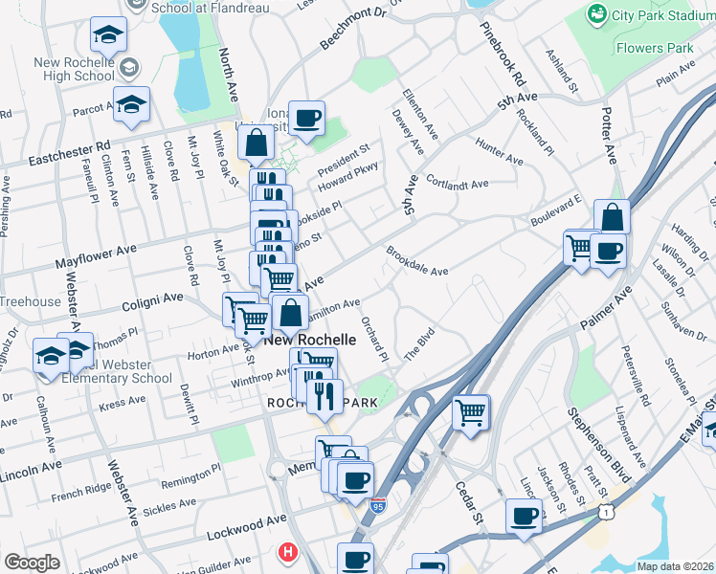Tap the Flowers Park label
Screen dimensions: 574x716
tap(654, 47)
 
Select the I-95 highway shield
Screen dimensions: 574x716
tap(379, 507)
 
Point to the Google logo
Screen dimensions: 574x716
tap(32, 563)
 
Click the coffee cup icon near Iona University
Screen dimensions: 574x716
tap(306, 119)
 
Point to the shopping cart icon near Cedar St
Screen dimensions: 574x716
tap(470, 413)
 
